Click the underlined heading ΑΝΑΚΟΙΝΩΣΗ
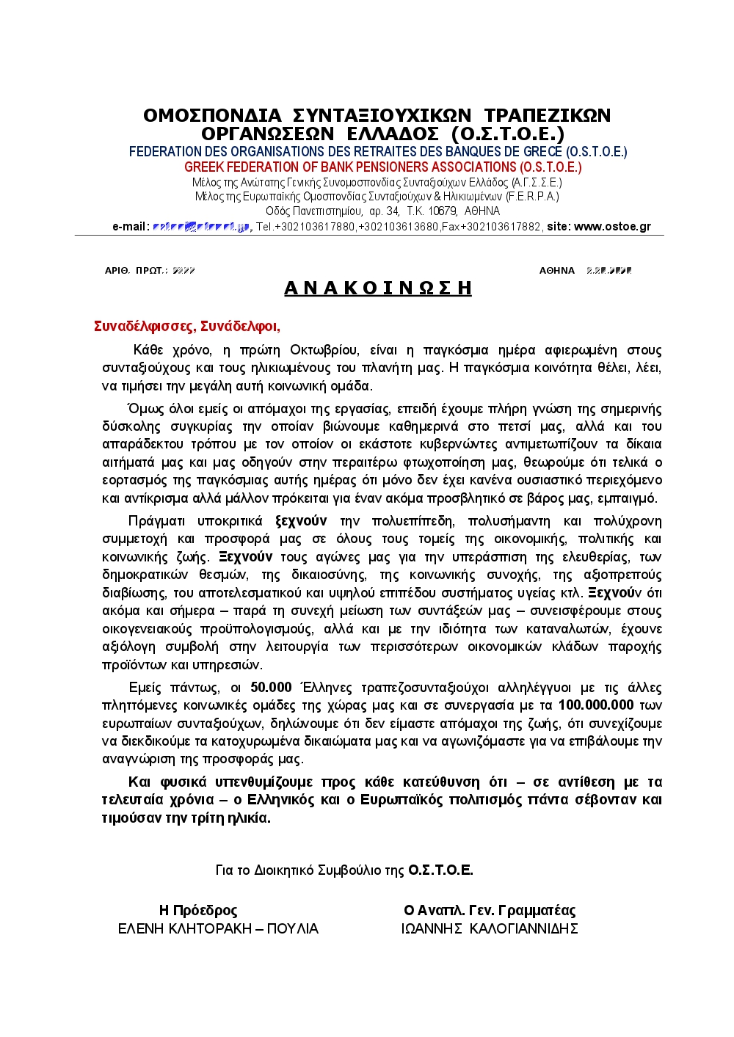coord(377,288)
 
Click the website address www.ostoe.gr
coord(612,227)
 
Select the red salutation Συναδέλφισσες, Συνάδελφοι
coord(187,327)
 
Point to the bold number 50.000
coord(271,688)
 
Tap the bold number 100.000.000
coord(595,705)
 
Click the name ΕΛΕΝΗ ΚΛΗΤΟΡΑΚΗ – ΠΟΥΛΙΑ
coord(218,929)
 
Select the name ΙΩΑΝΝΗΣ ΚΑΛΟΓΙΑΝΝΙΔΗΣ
coord(490,929)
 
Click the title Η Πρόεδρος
coord(198,911)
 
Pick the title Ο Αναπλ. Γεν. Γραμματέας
coord(490,911)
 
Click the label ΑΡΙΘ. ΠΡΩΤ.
coord(136,271)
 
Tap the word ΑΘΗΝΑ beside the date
coord(557,271)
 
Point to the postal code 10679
coord(442,211)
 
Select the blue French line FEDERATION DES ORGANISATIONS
coord(378,152)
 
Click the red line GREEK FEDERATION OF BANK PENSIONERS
coord(382,167)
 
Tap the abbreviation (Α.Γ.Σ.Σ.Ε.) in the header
coord(537,182)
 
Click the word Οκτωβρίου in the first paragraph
coord(324,350)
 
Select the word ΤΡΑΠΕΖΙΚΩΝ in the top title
coord(548,116)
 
